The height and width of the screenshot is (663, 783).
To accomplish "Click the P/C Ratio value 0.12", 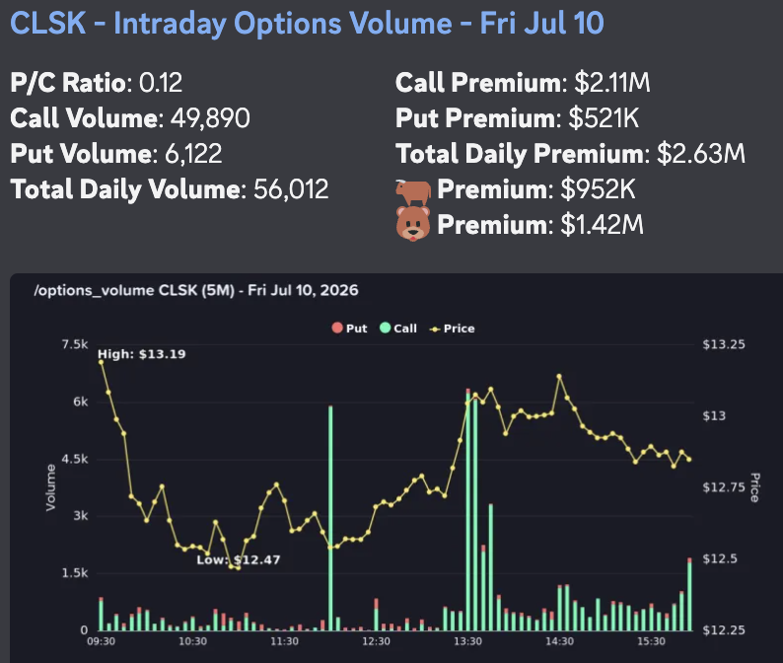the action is (161, 83).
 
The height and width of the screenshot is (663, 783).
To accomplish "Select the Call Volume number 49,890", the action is (210, 118).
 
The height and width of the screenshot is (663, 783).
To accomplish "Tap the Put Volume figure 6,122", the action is (193, 153).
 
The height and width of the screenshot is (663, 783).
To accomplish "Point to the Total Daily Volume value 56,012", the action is (291, 188).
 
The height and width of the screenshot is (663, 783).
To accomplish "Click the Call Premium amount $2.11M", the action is (612, 83).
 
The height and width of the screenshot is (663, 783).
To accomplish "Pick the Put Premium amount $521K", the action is (604, 118).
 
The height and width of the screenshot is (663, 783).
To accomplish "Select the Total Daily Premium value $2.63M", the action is (701, 153).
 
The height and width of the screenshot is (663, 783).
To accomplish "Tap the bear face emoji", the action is (413, 223).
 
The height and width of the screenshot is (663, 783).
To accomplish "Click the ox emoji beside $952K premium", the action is (413, 192).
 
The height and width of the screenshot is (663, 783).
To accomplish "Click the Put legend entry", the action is (349, 329).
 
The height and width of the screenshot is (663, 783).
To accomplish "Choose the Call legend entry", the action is (398, 329).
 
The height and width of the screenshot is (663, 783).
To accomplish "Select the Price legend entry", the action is (453, 329).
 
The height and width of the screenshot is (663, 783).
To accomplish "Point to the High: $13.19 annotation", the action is (142, 354).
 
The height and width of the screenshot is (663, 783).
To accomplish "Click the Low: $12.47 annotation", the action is (239, 560).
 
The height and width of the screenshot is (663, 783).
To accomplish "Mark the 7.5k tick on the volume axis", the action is (75, 344).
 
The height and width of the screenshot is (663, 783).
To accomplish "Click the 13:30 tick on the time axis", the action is (467, 641).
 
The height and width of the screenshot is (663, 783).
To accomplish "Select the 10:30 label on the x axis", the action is (192, 641).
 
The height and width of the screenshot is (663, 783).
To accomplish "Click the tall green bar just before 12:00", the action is (330, 518).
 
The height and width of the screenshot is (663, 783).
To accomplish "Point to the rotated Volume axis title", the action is (50, 487).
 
